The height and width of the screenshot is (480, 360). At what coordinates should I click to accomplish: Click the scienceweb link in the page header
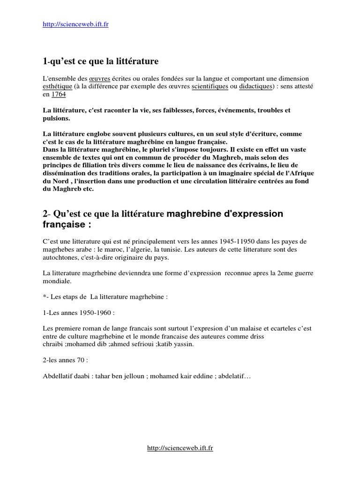(75, 24)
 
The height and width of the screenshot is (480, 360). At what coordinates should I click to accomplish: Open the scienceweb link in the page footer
(180, 449)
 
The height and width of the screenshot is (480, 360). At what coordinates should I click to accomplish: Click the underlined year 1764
(59, 95)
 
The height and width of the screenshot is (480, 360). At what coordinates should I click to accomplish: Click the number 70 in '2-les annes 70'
(81, 360)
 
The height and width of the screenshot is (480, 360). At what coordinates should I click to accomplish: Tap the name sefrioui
(145, 345)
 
